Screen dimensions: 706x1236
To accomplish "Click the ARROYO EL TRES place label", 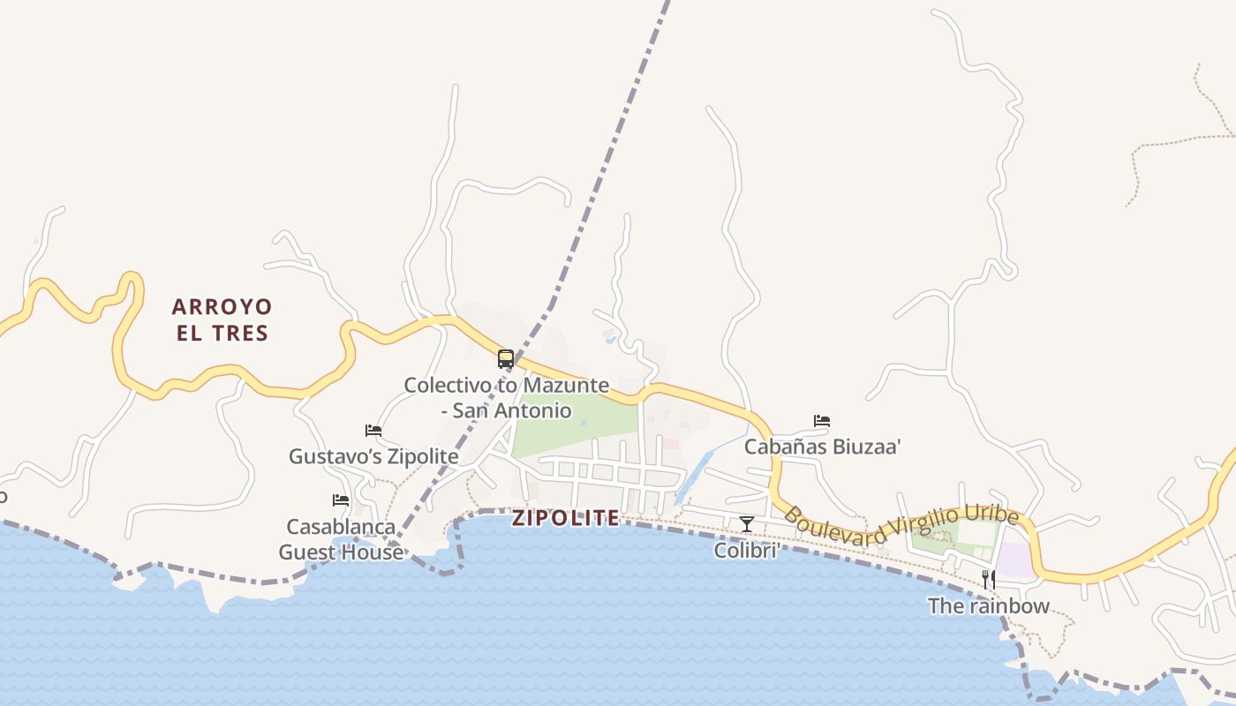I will click(x=222, y=319).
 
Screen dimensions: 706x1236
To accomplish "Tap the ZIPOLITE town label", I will click(x=566, y=518).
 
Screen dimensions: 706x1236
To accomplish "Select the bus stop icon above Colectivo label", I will click(x=506, y=359).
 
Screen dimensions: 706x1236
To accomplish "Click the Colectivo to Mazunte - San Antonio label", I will click(x=506, y=398).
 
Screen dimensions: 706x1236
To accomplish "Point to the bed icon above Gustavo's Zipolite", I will click(x=373, y=431).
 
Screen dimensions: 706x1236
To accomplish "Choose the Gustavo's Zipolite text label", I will click(x=373, y=456).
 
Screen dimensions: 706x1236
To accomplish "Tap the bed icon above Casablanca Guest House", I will click(x=341, y=500).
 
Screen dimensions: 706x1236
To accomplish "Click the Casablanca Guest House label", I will click(x=341, y=539).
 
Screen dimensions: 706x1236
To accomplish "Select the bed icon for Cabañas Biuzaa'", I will click(x=822, y=421).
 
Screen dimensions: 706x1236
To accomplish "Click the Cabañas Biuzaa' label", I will click(x=822, y=447).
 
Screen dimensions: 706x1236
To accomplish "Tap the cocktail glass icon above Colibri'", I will click(x=747, y=524).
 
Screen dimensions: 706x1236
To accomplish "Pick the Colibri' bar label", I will click(x=747, y=551).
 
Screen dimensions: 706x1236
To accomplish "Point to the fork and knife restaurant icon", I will click(x=989, y=580).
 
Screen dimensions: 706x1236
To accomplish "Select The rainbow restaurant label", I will click(x=989, y=606).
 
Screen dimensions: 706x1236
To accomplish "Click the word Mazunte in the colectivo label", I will click(x=566, y=386).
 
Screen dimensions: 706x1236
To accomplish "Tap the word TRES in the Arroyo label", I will click(x=239, y=333).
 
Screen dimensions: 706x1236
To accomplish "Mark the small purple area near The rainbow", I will click(x=1016, y=560).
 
